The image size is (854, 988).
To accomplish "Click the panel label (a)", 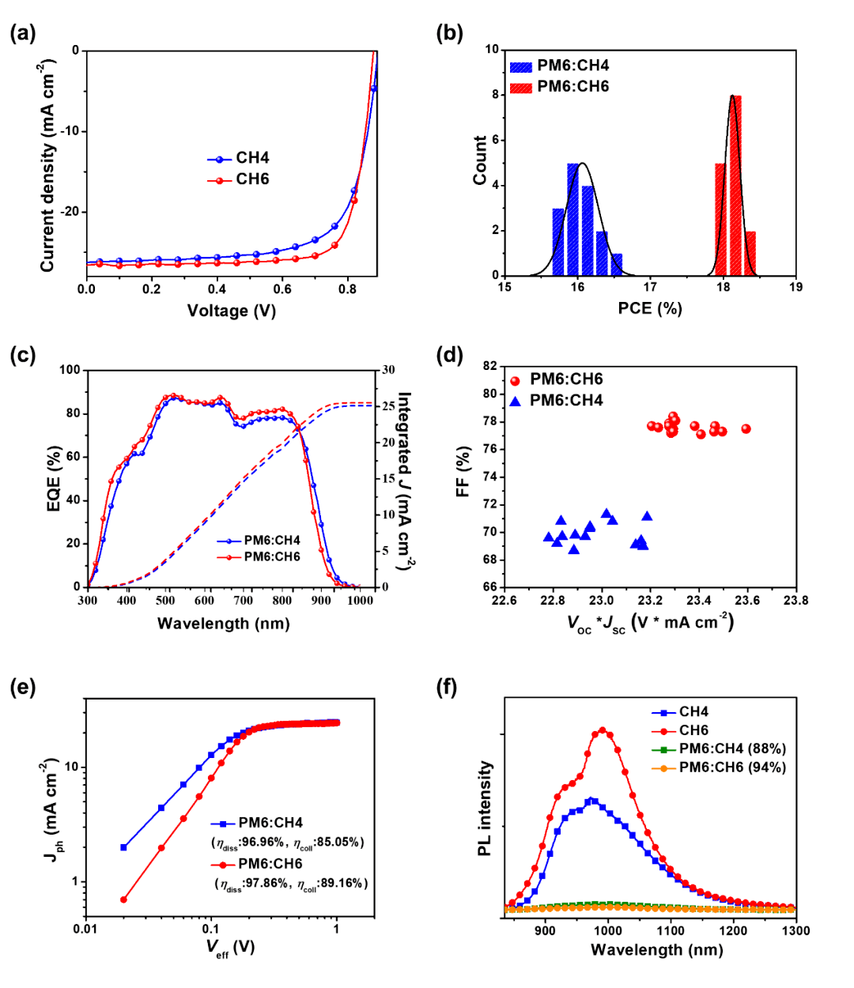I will tap(23, 33).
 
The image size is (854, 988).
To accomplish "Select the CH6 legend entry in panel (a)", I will tap(252, 179).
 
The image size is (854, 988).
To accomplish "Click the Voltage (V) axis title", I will tap(231, 311).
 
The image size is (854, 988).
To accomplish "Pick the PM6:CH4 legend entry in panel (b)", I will tap(572, 66).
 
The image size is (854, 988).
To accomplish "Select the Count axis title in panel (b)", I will tap(480, 160).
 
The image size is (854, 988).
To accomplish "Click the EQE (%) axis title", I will tap(55, 478).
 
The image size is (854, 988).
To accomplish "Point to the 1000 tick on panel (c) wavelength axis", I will tap(361, 601).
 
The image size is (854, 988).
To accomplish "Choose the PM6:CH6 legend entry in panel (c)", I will tap(271, 556).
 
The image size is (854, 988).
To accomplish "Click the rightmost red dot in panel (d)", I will tap(746, 428).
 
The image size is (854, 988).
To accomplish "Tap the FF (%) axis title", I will tap(463, 472).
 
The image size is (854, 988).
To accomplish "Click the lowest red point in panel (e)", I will tap(123, 899).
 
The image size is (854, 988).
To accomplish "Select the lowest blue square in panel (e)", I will tap(123, 847).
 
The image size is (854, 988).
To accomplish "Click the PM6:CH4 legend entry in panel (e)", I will tap(270, 823).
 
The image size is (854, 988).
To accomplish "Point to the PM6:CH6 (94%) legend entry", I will tap(731, 767).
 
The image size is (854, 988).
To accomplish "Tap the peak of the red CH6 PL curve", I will tap(603, 730).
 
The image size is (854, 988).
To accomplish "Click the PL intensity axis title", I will tap(486, 809).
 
